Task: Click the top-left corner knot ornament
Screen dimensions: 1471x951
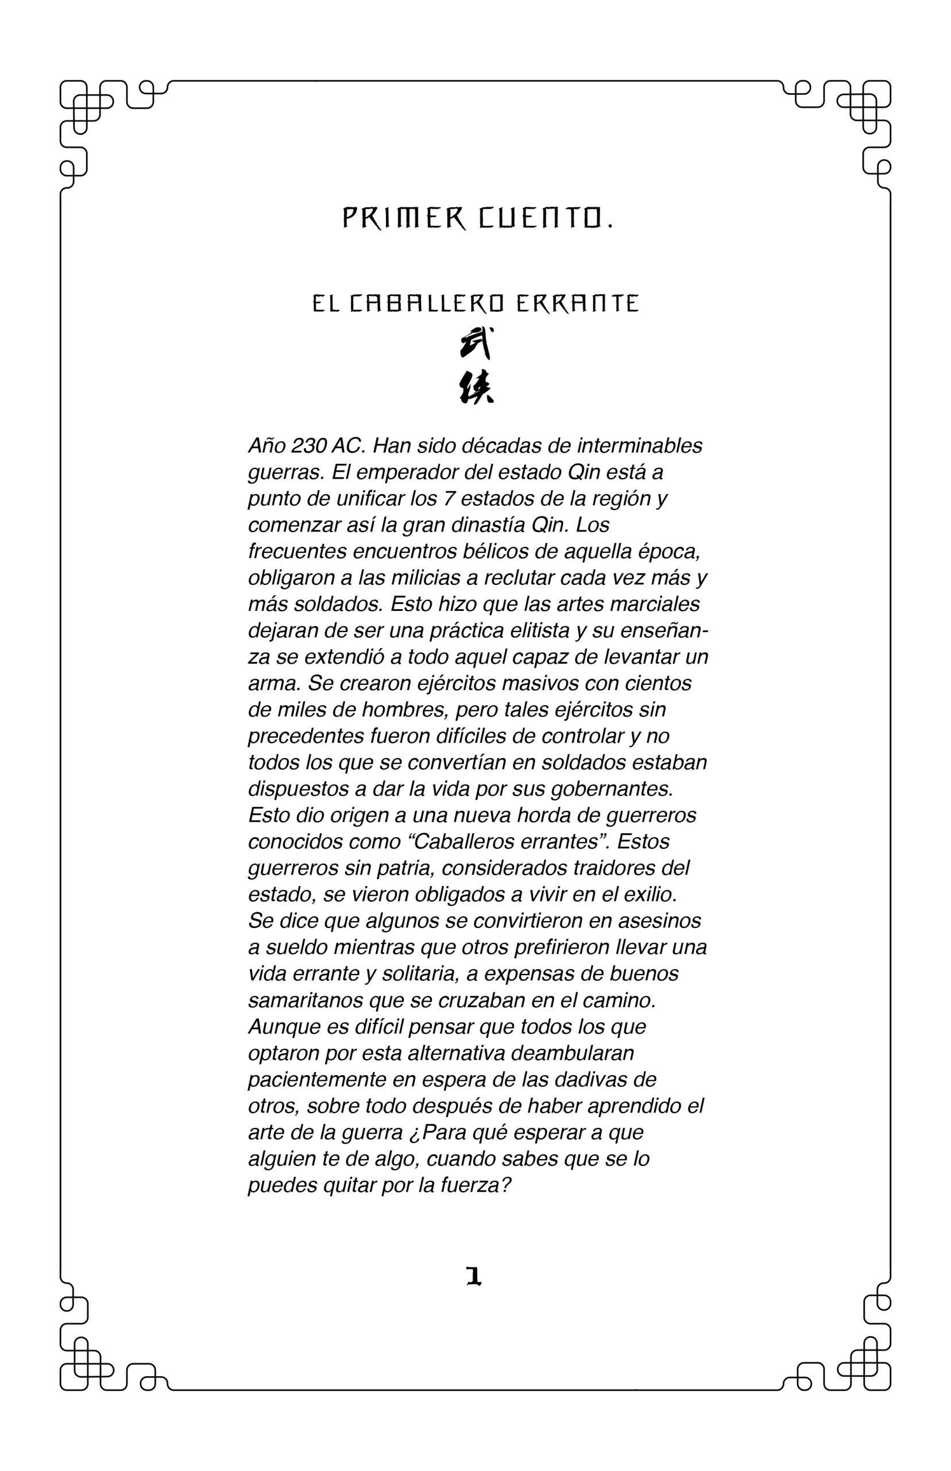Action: tap(87, 106)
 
